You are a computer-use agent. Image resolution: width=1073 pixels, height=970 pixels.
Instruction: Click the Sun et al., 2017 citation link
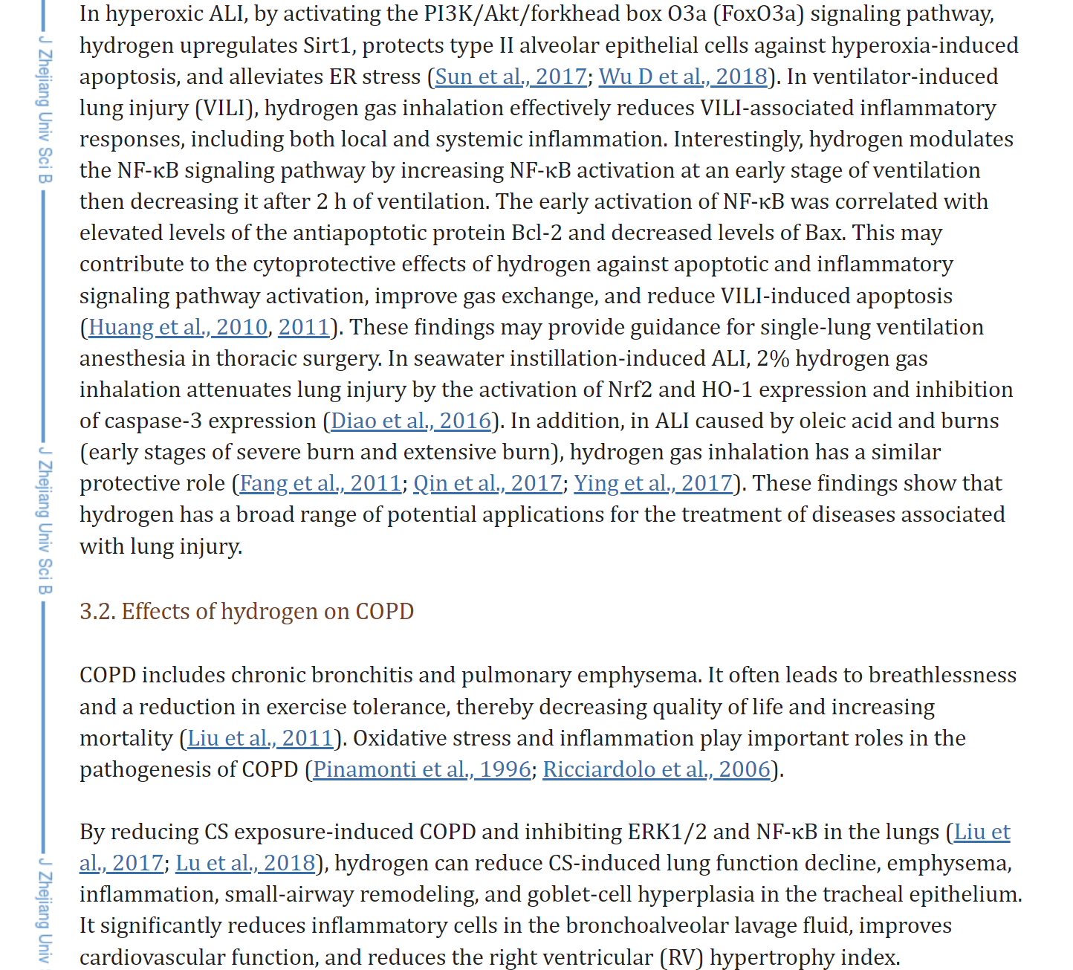[510, 77]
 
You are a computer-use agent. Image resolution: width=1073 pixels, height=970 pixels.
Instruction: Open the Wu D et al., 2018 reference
[683, 77]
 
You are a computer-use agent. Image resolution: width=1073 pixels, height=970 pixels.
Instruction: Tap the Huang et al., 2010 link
[178, 327]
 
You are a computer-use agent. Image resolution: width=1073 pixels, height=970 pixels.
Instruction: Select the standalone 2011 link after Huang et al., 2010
[304, 327]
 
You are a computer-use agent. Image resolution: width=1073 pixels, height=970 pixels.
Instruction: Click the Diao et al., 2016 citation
[411, 421]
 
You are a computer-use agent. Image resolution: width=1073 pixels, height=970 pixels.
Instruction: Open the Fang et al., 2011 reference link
[320, 483]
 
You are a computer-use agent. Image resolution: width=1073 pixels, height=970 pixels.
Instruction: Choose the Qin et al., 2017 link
[487, 483]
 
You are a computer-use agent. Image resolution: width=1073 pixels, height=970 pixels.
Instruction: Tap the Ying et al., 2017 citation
[653, 483]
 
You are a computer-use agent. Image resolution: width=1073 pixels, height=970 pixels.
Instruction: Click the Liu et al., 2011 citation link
[260, 738]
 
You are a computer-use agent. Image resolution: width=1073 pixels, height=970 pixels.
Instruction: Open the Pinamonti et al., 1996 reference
[422, 769]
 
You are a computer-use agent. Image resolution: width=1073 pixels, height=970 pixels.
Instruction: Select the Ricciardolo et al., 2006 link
[656, 769]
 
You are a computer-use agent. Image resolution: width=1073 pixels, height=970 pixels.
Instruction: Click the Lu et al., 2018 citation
[245, 863]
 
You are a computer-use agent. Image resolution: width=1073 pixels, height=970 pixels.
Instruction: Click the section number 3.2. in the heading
[97, 612]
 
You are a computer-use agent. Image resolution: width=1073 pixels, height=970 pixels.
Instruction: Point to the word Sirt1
[326, 45]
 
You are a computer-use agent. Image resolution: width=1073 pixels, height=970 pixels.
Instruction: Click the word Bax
[823, 233]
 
